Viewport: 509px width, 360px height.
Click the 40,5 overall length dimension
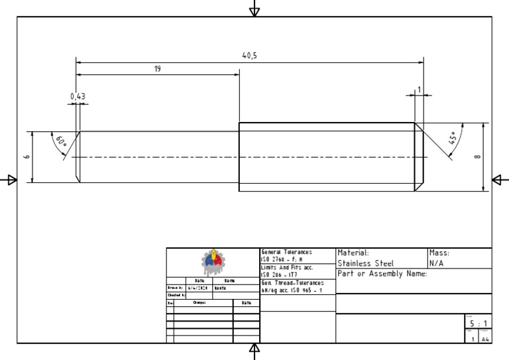pos(249,56)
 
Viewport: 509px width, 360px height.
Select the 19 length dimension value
pos(158,68)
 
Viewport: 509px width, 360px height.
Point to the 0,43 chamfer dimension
pos(78,96)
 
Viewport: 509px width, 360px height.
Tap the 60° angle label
pos(61,141)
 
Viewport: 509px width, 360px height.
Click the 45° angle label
pos(454,138)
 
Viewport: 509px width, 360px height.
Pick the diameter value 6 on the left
pos(27,157)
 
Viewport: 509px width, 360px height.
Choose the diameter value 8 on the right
pos(478,157)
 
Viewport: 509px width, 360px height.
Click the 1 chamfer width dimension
pos(419,90)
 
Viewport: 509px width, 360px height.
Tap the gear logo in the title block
pos(213,263)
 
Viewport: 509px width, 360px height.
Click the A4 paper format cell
pos(486,339)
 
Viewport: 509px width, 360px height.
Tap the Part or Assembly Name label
pos(382,274)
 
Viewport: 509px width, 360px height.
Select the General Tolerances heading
pos(286,253)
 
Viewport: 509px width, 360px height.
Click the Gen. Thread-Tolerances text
pos(293,283)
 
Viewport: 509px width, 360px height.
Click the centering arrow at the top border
pos(254,9)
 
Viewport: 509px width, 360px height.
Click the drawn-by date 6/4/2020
pos(199,288)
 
